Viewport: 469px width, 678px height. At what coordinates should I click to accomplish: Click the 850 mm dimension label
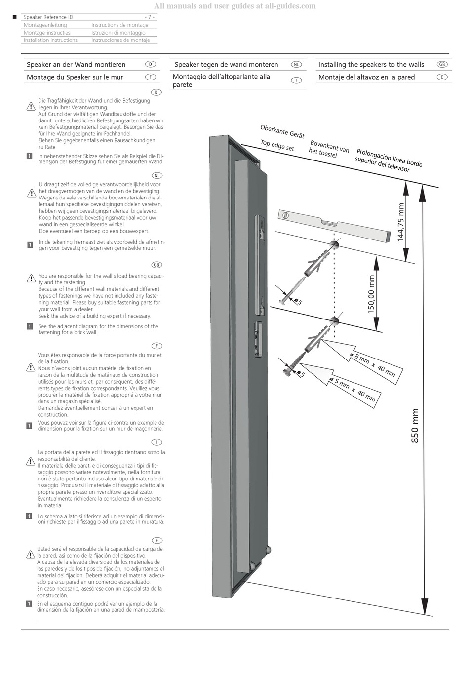coord(415,426)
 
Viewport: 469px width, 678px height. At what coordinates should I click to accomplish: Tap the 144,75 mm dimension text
coord(400,222)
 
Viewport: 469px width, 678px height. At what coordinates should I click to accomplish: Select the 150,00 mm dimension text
coord(372,294)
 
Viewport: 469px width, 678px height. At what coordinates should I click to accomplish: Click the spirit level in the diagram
coord(334,225)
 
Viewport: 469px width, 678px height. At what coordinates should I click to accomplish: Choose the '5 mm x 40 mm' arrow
coord(341,384)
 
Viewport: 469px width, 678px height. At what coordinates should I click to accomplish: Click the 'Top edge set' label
coord(277,146)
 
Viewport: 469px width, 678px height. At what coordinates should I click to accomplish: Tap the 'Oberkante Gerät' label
coord(282,132)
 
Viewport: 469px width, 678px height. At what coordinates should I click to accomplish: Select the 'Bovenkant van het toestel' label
coord(329,149)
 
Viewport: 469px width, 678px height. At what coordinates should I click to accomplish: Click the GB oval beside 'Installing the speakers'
coord(442,64)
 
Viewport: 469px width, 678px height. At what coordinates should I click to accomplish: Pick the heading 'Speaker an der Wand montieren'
coord(76,65)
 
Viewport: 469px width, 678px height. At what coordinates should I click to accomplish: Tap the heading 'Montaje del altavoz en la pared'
coord(366,77)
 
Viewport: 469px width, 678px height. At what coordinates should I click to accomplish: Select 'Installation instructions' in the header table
coord(50,40)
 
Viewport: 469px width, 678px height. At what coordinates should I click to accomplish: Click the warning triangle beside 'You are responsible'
coord(31,279)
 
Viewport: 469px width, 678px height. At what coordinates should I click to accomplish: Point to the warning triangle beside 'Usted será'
coord(30,555)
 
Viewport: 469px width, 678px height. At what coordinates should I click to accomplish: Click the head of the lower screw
coord(287,371)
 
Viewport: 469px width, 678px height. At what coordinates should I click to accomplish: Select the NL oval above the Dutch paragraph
coord(157,175)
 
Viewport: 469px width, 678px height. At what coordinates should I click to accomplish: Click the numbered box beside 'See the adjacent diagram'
coord(29,326)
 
